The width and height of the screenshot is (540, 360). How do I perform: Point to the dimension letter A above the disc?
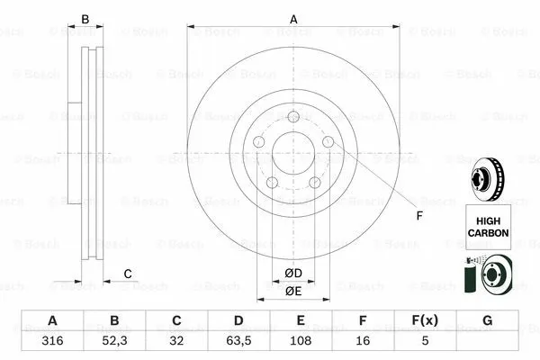[x=293, y=18]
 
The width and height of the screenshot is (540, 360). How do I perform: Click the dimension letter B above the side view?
[x=86, y=18]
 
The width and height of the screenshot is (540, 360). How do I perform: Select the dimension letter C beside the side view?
[x=128, y=274]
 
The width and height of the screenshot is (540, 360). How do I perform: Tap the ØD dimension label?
[x=293, y=274]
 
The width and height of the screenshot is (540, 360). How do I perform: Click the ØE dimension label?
[x=293, y=292]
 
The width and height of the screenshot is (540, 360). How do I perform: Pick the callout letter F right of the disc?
[x=418, y=216]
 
